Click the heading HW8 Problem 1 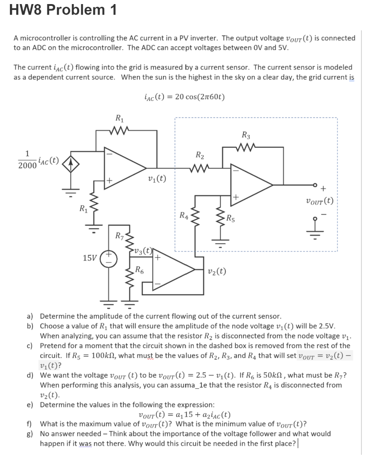click(63, 10)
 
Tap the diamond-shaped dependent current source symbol click(70, 162)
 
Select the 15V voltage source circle click(108, 258)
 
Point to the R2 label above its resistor click(199, 156)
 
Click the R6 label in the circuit click(140, 271)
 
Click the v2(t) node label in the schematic click(217, 271)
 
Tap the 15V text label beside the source click(89, 258)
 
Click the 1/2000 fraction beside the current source click(27, 161)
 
